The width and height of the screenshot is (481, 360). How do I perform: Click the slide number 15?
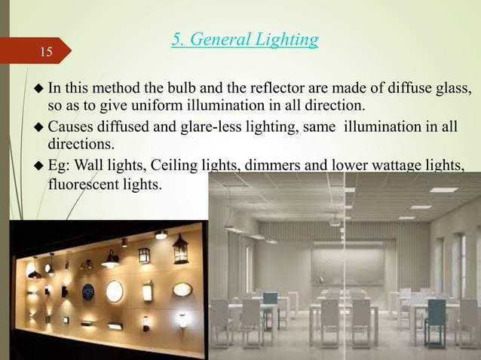(x=47, y=52)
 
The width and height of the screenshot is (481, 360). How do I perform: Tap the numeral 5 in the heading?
(x=176, y=39)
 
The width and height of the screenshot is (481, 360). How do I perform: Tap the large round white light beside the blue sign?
(x=115, y=291)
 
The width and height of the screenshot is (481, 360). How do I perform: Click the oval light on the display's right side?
(x=182, y=289)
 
